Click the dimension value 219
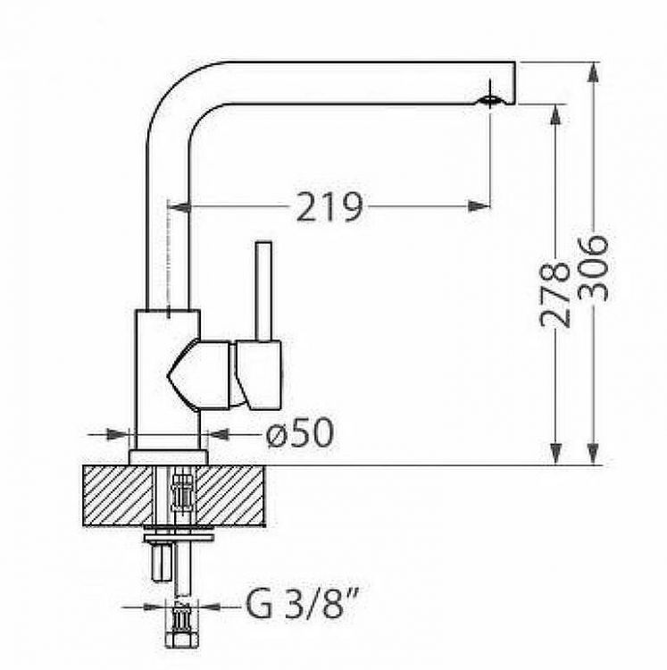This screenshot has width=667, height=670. (329, 207)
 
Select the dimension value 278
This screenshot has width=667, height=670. (554, 295)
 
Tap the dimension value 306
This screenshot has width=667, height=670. (592, 268)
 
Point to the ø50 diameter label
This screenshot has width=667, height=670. (299, 432)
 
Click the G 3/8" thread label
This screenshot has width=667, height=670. (301, 606)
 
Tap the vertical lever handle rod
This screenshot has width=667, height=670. (263, 292)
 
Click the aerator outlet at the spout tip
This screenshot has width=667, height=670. (490, 101)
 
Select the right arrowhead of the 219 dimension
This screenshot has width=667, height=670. (479, 207)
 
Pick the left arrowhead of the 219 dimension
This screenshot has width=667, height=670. (179, 207)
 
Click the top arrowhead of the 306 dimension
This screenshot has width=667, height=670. (592, 73)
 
